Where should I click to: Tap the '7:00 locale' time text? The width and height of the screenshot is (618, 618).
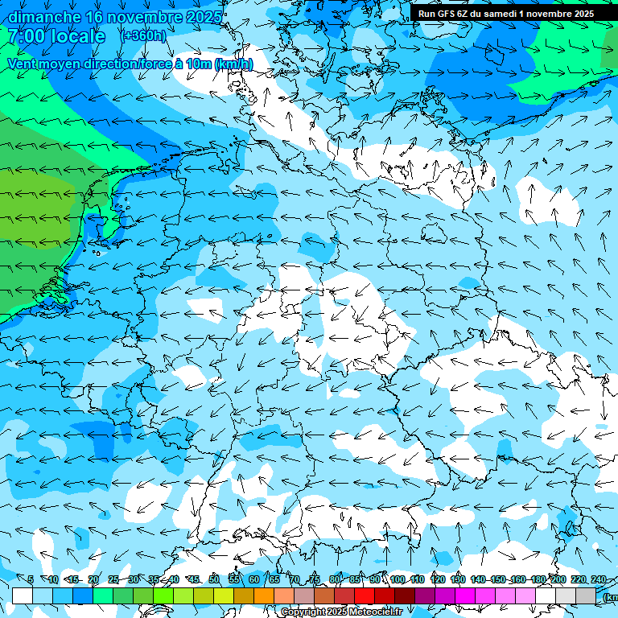(x=56, y=36)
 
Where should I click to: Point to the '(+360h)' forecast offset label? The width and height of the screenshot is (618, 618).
(x=144, y=35)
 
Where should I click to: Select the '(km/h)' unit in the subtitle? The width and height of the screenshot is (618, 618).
(x=233, y=64)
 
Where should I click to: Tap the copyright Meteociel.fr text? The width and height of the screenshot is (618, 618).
(x=342, y=612)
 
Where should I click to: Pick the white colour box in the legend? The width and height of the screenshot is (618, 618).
(x=23, y=595)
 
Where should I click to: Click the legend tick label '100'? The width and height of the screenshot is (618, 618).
(x=397, y=580)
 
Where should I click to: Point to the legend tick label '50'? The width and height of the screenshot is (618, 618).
(x=214, y=580)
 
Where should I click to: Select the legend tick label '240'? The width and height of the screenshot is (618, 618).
(x=598, y=580)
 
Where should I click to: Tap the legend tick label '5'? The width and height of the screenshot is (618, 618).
(x=31, y=580)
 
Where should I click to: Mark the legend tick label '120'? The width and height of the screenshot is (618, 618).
(x=438, y=580)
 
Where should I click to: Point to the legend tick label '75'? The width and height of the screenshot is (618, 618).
(x=315, y=580)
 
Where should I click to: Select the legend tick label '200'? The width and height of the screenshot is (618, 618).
(x=558, y=580)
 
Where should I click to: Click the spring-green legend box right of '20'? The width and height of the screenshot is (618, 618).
(x=103, y=595)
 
